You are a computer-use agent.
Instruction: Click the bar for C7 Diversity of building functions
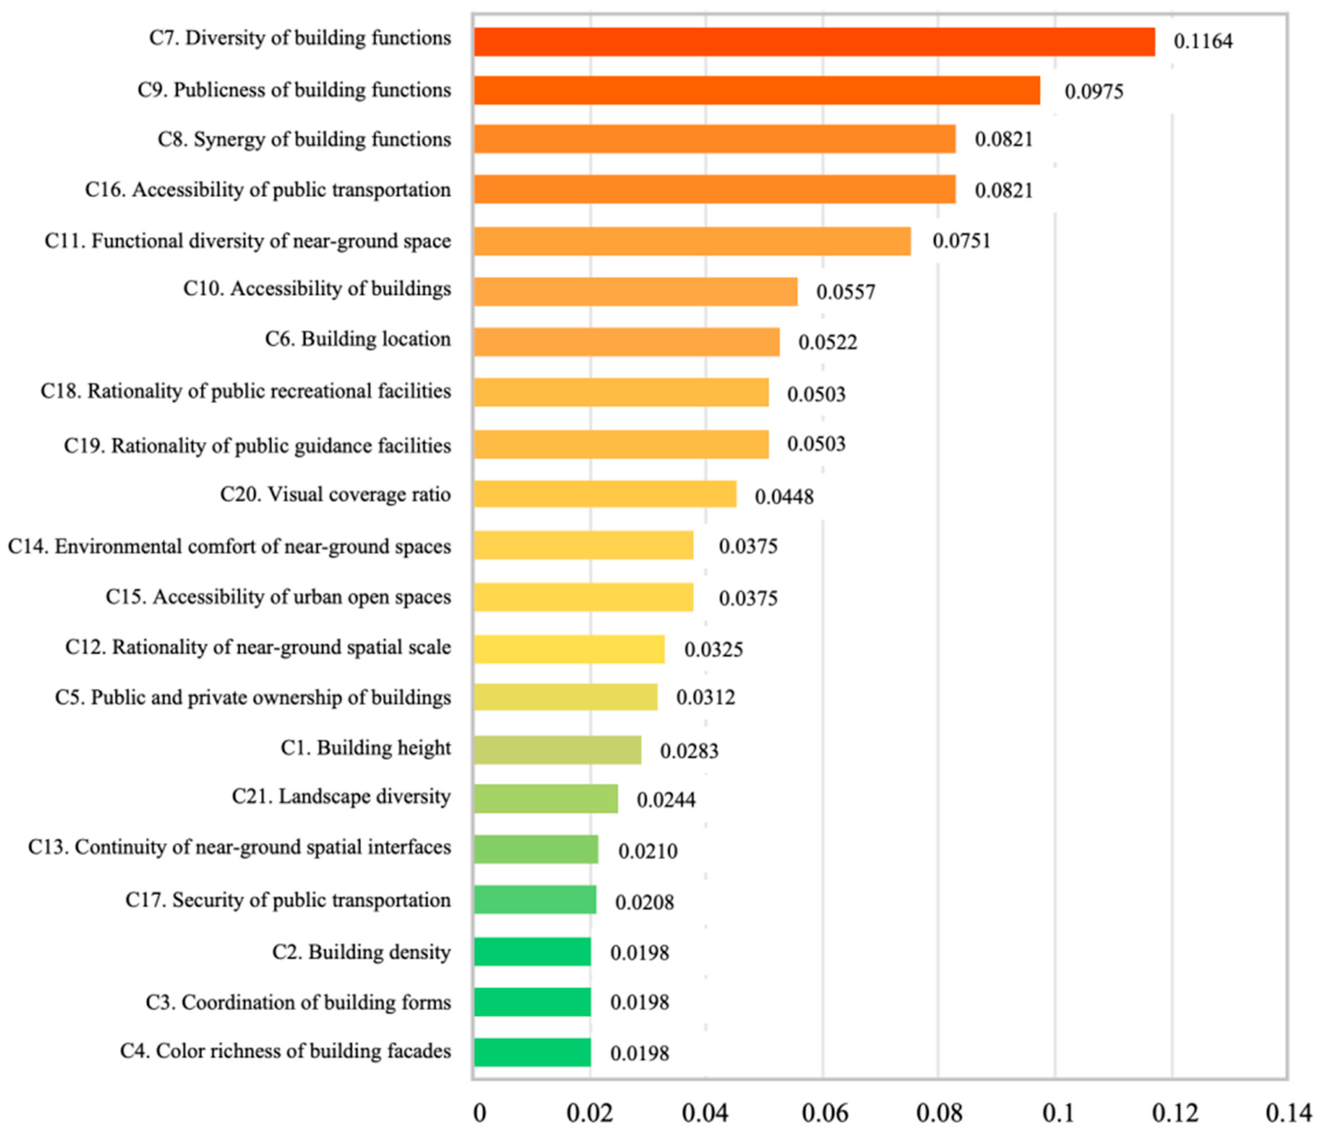814,42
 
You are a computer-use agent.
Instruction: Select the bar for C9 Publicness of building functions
757,91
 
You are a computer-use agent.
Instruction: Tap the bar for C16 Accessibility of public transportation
715,189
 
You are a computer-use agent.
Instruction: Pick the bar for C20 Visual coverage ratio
605,494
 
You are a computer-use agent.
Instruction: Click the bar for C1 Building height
557,750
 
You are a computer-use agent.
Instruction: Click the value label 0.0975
1094,91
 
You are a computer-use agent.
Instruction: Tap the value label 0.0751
961,241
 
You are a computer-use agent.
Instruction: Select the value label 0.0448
784,497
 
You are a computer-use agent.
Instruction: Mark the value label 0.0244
666,800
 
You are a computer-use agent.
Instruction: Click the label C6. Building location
358,339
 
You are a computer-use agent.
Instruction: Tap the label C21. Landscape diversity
341,797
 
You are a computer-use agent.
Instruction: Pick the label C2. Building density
361,952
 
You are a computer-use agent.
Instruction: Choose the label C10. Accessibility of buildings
317,289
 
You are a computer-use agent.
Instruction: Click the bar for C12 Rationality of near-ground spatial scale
569,649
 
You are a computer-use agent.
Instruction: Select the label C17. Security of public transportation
288,900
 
